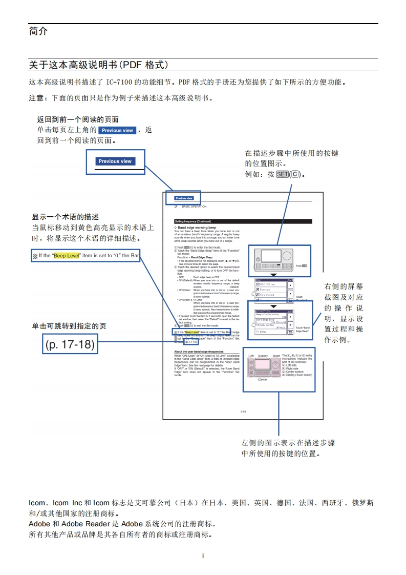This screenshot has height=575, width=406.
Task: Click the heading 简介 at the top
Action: (x=38, y=32)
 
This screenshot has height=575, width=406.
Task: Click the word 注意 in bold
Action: (x=36, y=98)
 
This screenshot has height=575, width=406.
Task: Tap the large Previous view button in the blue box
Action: (x=115, y=161)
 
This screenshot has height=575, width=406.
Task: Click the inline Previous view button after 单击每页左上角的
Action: (x=117, y=131)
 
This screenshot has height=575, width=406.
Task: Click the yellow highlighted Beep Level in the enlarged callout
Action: (x=67, y=255)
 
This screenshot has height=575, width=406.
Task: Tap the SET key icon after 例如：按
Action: (x=282, y=174)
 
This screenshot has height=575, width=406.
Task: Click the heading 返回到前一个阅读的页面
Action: (x=78, y=120)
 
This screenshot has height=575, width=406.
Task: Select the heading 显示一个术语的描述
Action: (x=65, y=217)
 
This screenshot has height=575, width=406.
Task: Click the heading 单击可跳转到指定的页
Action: (x=69, y=326)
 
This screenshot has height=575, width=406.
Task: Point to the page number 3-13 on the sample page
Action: (x=243, y=412)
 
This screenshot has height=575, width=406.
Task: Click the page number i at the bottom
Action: (x=203, y=556)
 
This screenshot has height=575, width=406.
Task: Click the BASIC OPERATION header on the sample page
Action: (x=194, y=207)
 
